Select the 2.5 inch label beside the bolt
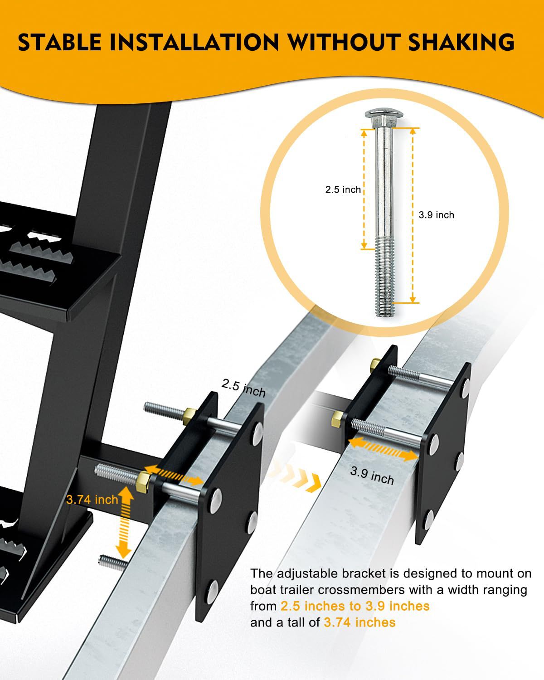(x=343, y=189)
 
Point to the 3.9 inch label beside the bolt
(x=436, y=215)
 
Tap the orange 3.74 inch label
(x=92, y=500)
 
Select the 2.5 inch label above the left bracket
(x=243, y=389)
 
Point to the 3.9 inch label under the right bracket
(x=372, y=476)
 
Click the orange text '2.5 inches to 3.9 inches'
(x=355, y=606)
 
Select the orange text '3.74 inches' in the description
(x=359, y=622)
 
